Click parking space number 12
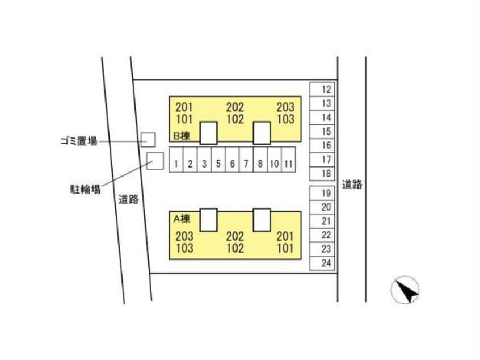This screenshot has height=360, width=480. [322, 90]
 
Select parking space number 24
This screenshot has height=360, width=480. [322, 263]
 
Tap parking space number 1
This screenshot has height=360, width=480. [176, 160]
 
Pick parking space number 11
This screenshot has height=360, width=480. [288, 160]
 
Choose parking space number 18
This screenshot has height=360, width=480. [322, 173]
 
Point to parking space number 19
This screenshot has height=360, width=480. [322, 193]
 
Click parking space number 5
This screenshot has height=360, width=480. [218, 160]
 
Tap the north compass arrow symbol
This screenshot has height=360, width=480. [405, 290]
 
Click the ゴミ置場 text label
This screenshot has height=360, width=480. [79, 141]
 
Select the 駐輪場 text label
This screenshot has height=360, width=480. [86, 189]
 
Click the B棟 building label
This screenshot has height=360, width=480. [182, 136]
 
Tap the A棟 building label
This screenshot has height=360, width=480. [182, 219]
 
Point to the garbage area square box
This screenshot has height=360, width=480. [148, 140]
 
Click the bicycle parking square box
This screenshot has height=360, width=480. [155, 161]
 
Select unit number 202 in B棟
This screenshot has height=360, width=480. [235, 107]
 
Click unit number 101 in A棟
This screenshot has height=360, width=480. [285, 248]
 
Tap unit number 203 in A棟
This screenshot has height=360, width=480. [184, 236]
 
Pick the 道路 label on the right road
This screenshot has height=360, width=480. [352, 185]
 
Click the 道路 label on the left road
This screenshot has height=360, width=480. [129, 199]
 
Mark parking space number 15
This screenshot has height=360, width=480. [322, 131]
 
